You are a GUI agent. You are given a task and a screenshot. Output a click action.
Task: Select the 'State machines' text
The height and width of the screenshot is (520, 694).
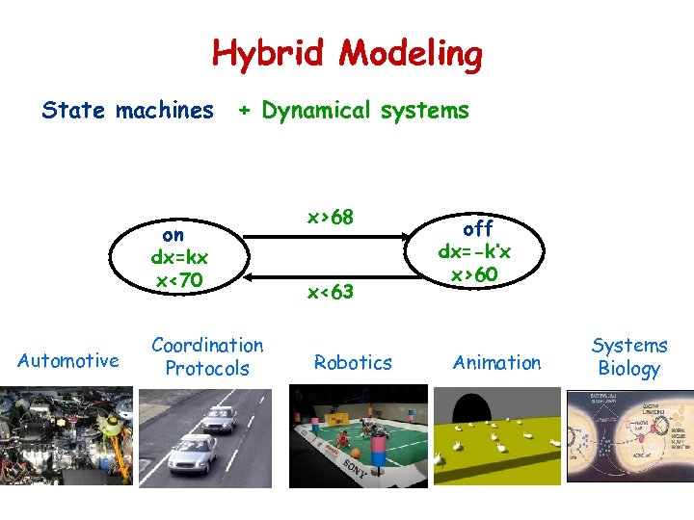click(127, 111)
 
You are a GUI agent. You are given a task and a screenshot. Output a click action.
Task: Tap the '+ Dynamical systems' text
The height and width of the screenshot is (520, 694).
click(354, 111)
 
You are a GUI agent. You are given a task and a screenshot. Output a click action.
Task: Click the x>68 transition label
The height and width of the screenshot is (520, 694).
click(331, 218)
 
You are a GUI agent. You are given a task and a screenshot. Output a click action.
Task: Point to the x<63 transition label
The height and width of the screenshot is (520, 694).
click(331, 291)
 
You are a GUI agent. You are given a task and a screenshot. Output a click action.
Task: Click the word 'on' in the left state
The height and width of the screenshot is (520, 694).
click(173, 234)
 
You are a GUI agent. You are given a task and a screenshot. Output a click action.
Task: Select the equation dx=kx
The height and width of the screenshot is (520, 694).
click(179, 257)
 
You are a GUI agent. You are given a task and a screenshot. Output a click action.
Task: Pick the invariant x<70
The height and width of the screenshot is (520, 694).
click(179, 280)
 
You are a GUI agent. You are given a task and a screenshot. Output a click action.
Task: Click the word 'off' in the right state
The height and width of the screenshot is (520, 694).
click(477, 228)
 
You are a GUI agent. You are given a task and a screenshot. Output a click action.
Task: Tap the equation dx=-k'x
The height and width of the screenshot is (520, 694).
click(475, 251)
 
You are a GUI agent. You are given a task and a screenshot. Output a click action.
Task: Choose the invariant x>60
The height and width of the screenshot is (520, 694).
click(475, 274)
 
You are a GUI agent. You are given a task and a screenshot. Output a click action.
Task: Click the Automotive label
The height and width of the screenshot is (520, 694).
click(68, 361)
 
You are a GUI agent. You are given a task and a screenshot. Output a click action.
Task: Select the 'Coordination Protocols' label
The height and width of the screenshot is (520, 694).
click(207, 356)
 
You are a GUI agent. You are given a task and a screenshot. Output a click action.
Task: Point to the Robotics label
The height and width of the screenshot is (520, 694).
click(353, 362)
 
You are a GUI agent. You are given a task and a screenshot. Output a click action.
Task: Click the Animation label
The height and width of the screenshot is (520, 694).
click(497, 362)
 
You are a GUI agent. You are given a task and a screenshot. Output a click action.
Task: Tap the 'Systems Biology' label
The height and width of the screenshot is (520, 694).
click(629, 356)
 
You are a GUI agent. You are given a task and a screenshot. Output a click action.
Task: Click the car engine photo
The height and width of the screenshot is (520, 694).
click(66, 436)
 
